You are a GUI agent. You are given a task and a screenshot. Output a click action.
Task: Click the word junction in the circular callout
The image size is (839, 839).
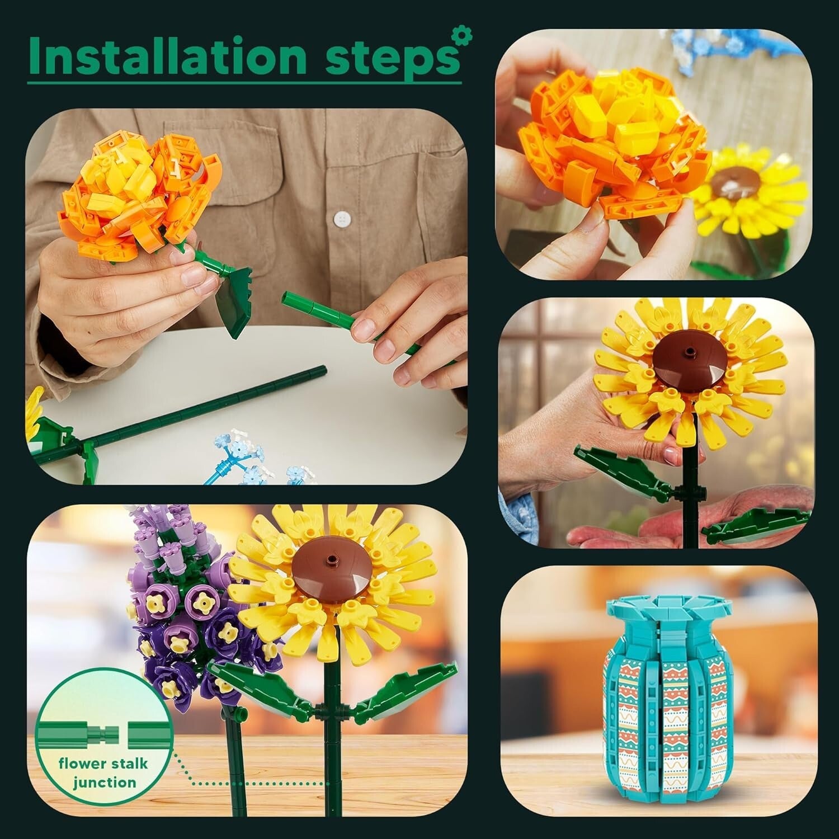105,781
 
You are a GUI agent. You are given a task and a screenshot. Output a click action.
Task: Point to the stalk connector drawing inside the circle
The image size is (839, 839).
104,732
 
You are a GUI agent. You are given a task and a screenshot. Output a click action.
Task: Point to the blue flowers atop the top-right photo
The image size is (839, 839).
699,42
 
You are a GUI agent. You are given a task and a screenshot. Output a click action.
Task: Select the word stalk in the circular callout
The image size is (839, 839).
125,764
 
